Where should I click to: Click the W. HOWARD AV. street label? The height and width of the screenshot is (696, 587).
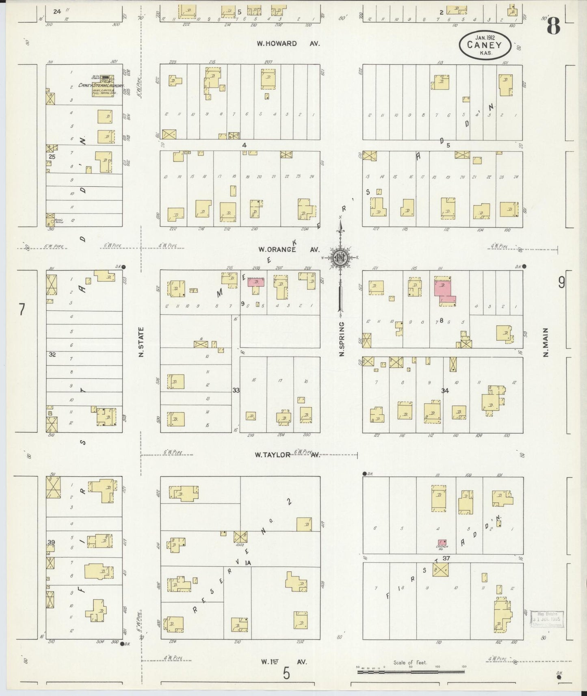(x=288, y=43)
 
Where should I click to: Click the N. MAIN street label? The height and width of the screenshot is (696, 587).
(x=546, y=342)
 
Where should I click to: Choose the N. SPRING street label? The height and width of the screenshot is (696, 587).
(x=342, y=339)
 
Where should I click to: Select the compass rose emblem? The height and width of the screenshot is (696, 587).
(x=340, y=258)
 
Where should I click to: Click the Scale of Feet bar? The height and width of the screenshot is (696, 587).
(x=410, y=672)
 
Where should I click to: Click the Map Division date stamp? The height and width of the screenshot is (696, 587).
(x=548, y=619)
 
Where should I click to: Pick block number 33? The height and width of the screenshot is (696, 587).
(x=236, y=390)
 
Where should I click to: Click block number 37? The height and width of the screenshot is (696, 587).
(x=446, y=558)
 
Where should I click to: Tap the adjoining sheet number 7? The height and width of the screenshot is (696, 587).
(x=22, y=310)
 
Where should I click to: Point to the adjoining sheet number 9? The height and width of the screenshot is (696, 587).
(x=561, y=282)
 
